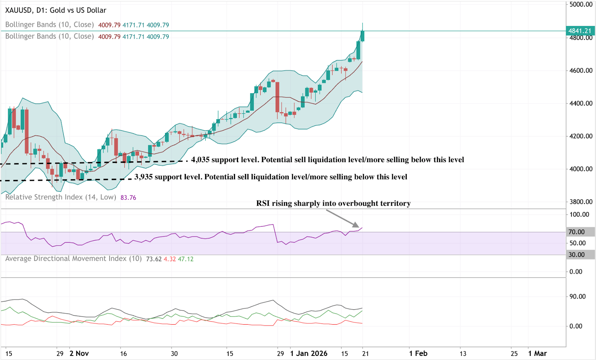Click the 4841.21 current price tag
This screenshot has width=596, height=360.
pyautogui.click(x=580, y=31)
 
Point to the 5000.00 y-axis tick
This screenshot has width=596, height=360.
pyautogui.click(x=581, y=4)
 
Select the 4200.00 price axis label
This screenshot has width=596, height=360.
pyautogui.click(x=581, y=136)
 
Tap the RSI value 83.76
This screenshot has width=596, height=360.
pyautogui.click(x=128, y=198)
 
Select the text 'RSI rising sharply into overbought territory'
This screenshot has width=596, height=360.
pyautogui.click(x=333, y=203)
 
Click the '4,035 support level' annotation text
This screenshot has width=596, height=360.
pyautogui.click(x=327, y=160)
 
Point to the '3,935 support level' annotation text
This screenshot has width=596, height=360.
pyautogui.click(x=271, y=177)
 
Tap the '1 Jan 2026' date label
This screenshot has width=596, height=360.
pyautogui.click(x=309, y=353)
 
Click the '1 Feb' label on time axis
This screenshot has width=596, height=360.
pyautogui.click(x=418, y=353)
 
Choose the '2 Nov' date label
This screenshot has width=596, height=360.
pyautogui.click(x=79, y=353)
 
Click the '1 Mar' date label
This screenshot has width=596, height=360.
pyautogui.click(x=538, y=353)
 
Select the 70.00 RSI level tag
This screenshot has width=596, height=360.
pyautogui.click(x=576, y=232)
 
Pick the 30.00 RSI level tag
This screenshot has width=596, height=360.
pyautogui.click(x=576, y=255)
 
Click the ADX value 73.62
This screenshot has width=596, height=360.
pyautogui.click(x=154, y=259)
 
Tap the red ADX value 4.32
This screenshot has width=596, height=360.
pyautogui.click(x=170, y=259)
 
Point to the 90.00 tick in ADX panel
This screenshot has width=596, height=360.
pyautogui.click(x=577, y=297)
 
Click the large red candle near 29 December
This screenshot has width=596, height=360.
pyautogui.click(x=277, y=97)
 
